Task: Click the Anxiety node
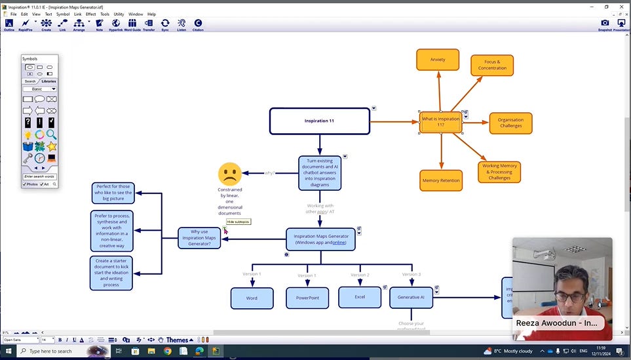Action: pos(438,60)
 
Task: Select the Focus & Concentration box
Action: pos(492,65)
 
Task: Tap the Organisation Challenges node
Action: pos(510,123)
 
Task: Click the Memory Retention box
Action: pos(441,180)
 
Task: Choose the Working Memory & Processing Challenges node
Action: pos(499,171)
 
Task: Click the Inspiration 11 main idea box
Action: pos(320,121)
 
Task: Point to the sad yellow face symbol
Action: pos(229,174)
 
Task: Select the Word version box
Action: pos(252,298)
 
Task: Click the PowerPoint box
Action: pos(307,298)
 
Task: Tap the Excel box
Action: pos(360,297)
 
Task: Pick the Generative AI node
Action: pos(411,298)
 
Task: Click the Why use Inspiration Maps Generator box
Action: pos(199,238)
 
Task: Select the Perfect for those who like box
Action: pos(113,193)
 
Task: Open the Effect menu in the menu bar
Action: pos(90,14)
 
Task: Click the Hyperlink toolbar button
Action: pos(116,24)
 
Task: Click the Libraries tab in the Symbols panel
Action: pos(48,81)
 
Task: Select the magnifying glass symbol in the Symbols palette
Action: pos(50,134)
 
